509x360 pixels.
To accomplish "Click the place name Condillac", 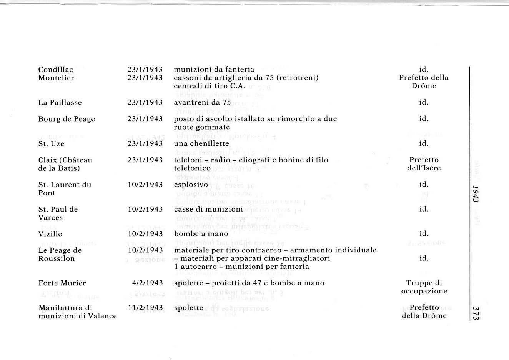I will click(56, 70).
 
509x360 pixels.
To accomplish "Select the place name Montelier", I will click(56, 78).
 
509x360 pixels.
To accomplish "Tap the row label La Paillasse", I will click(60, 103).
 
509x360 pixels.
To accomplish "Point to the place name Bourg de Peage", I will click(67, 119).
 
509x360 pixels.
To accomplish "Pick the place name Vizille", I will click(50, 234).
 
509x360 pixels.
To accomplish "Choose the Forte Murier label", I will click(62, 283).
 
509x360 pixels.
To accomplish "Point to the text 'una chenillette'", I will click(201, 143).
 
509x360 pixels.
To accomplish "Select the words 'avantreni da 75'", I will click(203, 103).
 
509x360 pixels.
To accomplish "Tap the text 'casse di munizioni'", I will click(208, 209).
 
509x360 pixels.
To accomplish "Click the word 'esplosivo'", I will click(191, 185).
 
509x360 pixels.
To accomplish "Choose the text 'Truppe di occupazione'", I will click(424, 287).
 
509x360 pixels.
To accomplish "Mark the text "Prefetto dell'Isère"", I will click(424, 164).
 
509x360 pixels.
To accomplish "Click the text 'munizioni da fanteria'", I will click(214, 70).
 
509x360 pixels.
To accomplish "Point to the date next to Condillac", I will click(145, 70).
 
